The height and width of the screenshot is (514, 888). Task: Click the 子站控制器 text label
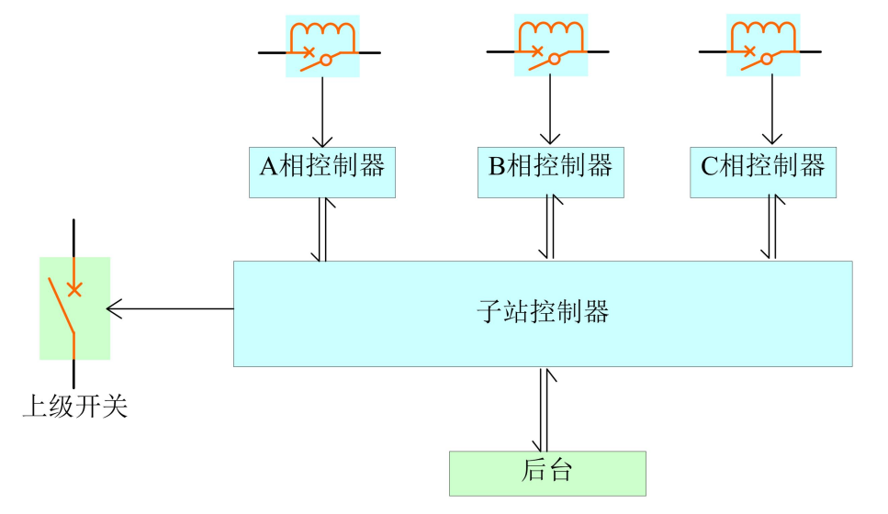click(x=543, y=312)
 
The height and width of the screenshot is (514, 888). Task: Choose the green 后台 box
click(x=547, y=473)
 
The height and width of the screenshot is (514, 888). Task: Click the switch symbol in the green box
click(x=73, y=307)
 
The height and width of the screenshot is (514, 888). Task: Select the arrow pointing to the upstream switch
click(x=170, y=308)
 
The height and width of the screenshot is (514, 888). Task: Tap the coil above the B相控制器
click(x=551, y=33)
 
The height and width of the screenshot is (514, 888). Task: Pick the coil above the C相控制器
click(x=764, y=33)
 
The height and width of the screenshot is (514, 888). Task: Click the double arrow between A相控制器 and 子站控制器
click(x=322, y=229)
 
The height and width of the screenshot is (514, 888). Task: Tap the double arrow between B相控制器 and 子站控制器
click(x=550, y=229)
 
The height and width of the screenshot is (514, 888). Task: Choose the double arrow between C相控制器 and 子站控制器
click(x=771, y=229)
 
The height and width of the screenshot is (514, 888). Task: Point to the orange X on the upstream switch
click(x=74, y=289)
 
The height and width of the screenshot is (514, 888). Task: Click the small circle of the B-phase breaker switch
click(x=555, y=60)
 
